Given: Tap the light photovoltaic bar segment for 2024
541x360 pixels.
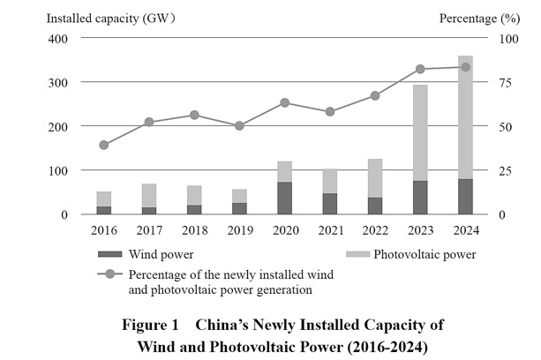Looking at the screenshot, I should point(465,117).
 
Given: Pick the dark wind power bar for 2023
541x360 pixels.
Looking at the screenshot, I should point(421,198).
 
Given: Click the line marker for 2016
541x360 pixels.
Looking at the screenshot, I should point(104,145).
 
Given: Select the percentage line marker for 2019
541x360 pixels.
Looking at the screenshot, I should point(239,125).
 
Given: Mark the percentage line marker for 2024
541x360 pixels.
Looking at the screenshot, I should point(465,67).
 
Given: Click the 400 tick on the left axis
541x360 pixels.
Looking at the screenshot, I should point(57,38).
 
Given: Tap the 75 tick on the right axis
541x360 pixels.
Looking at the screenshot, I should point(503,82).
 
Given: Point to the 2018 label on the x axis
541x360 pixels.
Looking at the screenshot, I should point(195,230).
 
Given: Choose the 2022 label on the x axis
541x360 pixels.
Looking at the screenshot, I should point(375,230).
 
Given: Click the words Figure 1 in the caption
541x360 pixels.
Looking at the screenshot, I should point(150,324).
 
